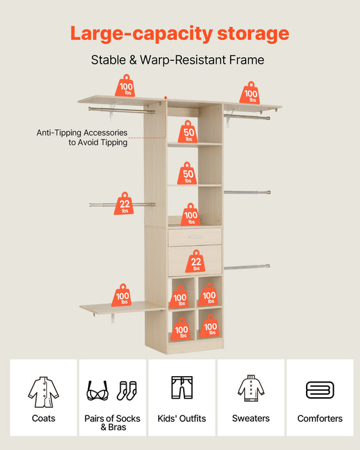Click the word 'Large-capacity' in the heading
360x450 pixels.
tap(141, 34)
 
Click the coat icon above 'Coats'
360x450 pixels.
tap(43, 392)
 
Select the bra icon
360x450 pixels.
tap(98, 391)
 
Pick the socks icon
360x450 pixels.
tap(127, 391)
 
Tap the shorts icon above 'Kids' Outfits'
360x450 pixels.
tap(182, 388)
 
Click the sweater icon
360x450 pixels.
tap(251, 388)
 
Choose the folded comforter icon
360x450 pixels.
tap(319, 390)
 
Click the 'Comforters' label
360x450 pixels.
tap(319, 419)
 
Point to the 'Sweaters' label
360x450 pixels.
tap(251, 419)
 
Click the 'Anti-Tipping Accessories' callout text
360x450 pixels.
tap(82, 132)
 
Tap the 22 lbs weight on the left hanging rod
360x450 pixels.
tap(123, 204)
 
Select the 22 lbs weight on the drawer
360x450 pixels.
tap(195, 261)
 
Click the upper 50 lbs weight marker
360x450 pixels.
tap(188, 132)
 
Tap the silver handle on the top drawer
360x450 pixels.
tap(196, 237)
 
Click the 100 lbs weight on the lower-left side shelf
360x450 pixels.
tap(122, 295)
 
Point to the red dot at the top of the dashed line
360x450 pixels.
tap(166, 98)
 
